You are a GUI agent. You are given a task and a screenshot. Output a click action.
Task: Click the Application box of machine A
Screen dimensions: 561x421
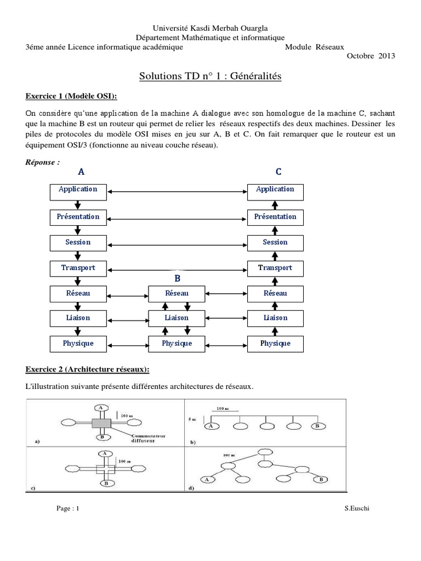click(x=77, y=190)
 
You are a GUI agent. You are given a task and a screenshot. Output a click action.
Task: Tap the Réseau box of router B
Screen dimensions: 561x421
click(x=177, y=294)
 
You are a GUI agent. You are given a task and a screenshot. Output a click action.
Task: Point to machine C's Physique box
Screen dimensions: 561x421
click(x=275, y=344)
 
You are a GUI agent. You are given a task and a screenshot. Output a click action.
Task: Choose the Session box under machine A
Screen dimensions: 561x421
click(x=77, y=243)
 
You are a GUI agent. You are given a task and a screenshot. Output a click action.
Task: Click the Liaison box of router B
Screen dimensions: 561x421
click(x=177, y=318)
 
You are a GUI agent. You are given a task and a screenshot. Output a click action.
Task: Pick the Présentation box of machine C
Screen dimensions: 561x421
click(x=275, y=217)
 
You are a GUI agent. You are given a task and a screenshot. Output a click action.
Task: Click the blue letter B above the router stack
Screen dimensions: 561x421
click(x=177, y=278)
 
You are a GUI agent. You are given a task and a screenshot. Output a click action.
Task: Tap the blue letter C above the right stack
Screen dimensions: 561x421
click(x=278, y=172)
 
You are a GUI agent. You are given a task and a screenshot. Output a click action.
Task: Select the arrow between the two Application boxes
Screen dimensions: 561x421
click(x=177, y=191)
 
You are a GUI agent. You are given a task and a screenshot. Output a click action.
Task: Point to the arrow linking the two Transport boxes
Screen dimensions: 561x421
click(x=177, y=269)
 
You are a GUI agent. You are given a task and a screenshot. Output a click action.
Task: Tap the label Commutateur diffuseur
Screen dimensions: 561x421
click(x=149, y=439)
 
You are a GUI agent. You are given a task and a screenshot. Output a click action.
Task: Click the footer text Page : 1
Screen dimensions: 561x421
click(x=69, y=509)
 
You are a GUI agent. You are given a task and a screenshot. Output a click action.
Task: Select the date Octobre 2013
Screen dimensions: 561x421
click(x=371, y=56)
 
